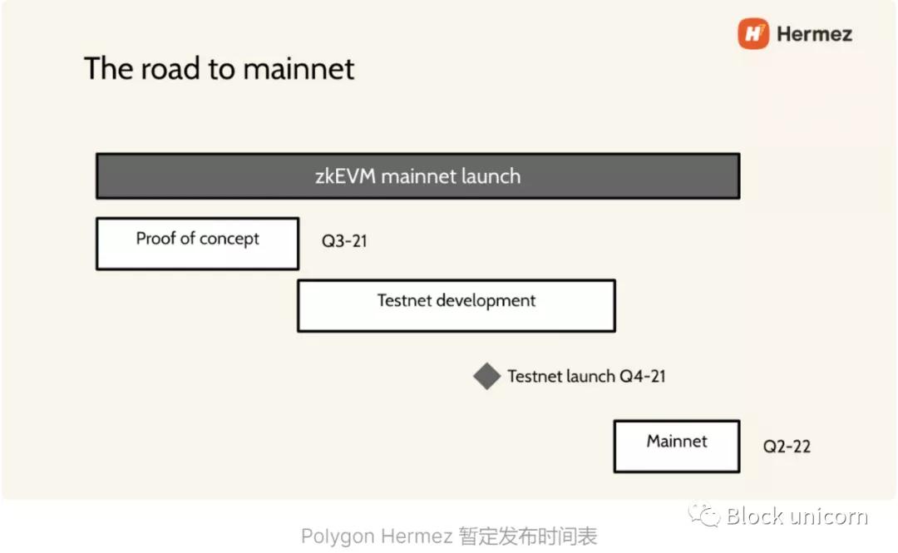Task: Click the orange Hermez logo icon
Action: click(x=753, y=34)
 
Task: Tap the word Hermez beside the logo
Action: click(x=814, y=34)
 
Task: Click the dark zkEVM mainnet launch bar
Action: click(x=417, y=176)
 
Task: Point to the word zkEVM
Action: click(x=343, y=176)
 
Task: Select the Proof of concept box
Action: click(x=197, y=244)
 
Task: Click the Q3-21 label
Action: click(x=344, y=242)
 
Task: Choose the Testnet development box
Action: click(x=456, y=305)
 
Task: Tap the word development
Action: click(x=486, y=300)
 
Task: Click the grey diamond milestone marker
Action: click(x=486, y=377)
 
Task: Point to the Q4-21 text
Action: click(x=643, y=377)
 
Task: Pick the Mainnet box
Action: click(x=677, y=446)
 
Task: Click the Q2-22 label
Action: click(x=787, y=447)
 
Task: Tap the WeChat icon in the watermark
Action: click(x=703, y=516)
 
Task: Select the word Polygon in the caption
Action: click(x=335, y=537)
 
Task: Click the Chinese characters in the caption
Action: click(x=528, y=537)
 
